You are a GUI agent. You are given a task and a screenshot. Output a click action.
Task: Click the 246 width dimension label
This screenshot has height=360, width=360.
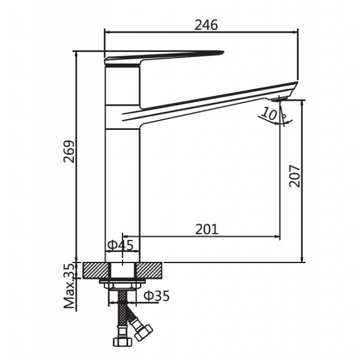206,25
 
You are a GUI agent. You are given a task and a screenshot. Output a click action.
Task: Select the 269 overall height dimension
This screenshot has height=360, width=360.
69,152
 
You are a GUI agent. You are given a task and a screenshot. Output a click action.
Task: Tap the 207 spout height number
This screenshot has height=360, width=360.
295,176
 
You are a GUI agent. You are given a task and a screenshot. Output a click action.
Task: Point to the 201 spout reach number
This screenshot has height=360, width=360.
207,229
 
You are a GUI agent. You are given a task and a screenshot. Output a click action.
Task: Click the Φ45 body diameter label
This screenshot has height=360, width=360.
120,245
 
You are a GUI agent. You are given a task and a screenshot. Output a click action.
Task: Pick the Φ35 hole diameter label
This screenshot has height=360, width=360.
157,296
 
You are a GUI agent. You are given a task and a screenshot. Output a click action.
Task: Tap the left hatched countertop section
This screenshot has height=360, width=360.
96,270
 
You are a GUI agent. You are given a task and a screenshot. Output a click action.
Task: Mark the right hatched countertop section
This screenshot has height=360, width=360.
149,270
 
